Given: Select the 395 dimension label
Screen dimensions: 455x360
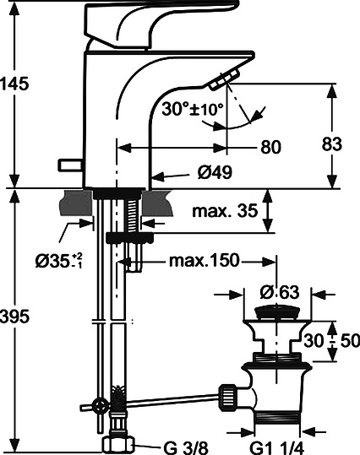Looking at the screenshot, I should [14, 317].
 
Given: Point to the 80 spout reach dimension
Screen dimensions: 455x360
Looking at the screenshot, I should [270, 147].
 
